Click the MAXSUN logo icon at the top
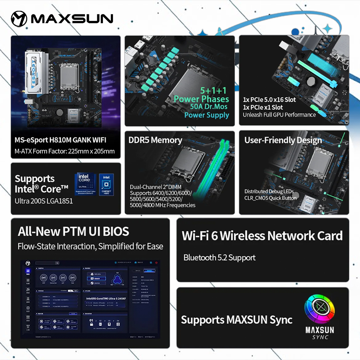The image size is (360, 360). (x=19, y=18)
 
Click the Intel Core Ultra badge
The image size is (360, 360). (x=85, y=184)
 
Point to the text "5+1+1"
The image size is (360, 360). (x=213, y=90)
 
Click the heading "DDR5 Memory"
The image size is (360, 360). (x=155, y=140)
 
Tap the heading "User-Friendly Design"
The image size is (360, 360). (x=283, y=140)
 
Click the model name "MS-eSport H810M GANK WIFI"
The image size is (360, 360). (x=60, y=140)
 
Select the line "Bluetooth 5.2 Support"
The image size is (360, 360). (x=219, y=257)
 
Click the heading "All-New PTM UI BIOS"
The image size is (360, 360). (x=73, y=231)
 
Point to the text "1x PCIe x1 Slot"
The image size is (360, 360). (x=263, y=107)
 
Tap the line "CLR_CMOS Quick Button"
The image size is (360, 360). (x=270, y=198)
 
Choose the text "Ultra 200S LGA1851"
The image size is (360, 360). (x=44, y=201)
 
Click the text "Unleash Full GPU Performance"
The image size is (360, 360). (x=279, y=115)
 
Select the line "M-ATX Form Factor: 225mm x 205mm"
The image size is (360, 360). (x=65, y=151)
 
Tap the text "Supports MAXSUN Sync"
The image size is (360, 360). (x=237, y=320)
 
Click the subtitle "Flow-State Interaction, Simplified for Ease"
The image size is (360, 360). (x=90, y=247)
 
